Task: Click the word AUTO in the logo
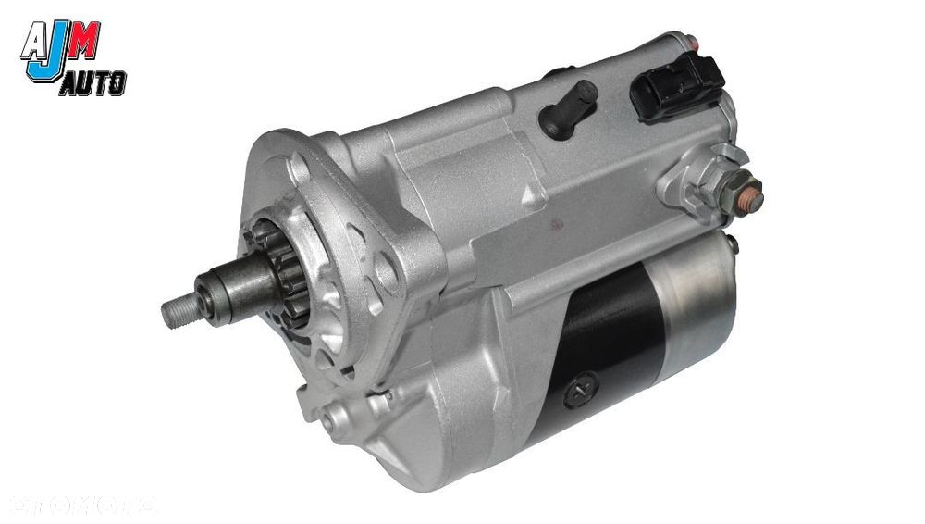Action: (x=92, y=85)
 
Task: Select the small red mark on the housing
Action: (x=555, y=223)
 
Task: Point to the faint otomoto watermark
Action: (x=83, y=505)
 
